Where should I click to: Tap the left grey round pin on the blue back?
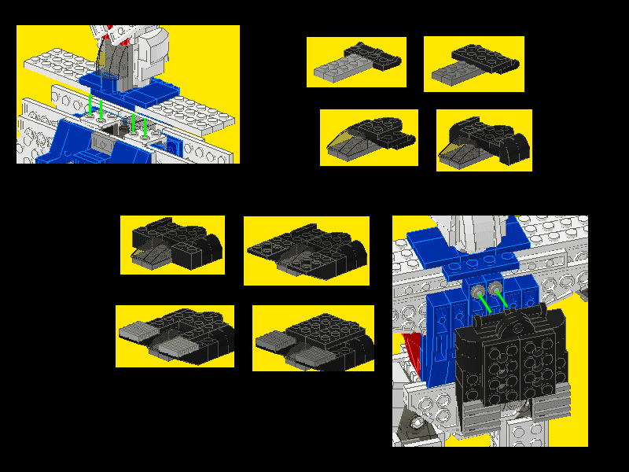coord(478,292)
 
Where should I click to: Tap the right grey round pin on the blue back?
coord(495,289)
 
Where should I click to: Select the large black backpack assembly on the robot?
coord(511,362)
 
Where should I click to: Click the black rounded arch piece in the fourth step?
coord(515,146)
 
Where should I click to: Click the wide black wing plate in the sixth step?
coord(307,245)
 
